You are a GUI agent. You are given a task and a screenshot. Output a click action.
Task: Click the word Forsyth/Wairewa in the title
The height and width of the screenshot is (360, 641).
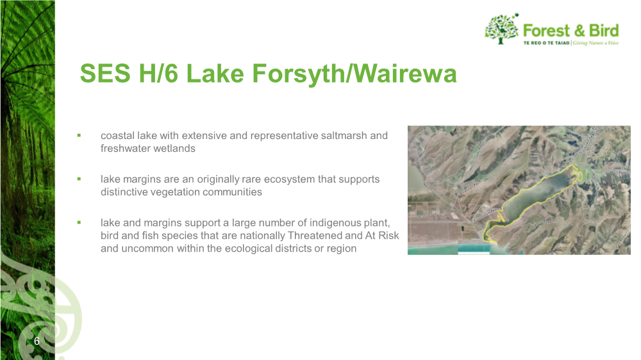(354, 74)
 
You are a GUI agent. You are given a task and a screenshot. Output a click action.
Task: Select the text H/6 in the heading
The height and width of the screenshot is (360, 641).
(158, 74)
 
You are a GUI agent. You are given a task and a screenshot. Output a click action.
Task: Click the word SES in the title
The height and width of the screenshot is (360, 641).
(105, 74)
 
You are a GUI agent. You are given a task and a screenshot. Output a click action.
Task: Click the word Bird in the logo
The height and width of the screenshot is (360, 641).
(604, 31)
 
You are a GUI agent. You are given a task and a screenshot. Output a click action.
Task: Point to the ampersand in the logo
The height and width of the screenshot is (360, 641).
(579, 31)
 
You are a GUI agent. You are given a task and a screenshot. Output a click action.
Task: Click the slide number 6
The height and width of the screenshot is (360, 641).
(37, 341)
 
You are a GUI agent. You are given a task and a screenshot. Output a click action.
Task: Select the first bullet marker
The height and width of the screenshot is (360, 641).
(79, 135)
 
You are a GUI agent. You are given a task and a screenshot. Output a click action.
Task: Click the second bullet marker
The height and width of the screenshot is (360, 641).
(79, 179)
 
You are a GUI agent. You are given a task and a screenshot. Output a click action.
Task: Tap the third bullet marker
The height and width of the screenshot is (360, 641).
(79, 223)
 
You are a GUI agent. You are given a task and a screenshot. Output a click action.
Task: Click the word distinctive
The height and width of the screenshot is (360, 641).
(124, 192)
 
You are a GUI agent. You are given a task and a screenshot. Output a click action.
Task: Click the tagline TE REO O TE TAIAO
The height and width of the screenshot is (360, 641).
(547, 43)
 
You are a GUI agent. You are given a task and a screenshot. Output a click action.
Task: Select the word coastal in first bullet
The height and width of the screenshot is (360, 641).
(117, 136)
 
